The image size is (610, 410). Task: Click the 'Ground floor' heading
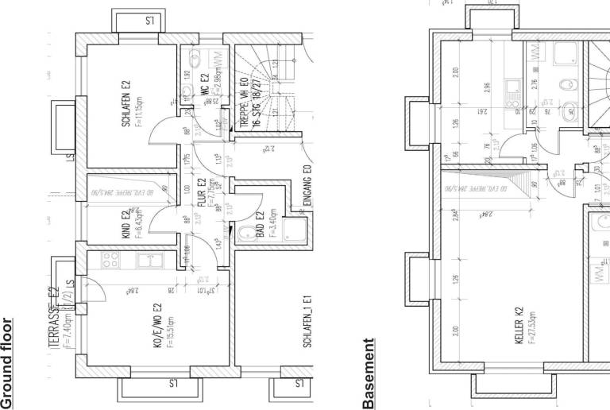[x=8, y=362]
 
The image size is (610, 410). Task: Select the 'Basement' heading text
[x=368, y=373]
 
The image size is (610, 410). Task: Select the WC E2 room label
[x=203, y=84]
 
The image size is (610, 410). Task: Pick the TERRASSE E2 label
[x=54, y=318]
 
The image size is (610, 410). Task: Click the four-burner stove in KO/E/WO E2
[x=108, y=260]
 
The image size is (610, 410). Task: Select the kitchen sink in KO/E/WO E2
[x=147, y=260]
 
